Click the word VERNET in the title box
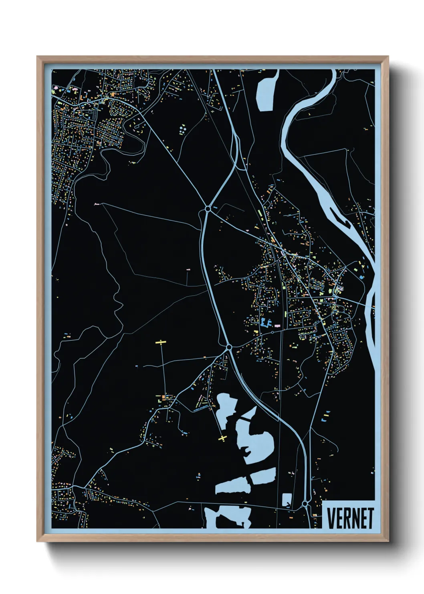coord(350,518)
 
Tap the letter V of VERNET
coord(331,518)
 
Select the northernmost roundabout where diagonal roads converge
coord(208,209)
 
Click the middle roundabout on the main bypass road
coord(229,347)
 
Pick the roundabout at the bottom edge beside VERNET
coord(305,503)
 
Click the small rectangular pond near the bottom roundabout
coord(287,500)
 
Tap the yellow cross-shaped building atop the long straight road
coord(161,342)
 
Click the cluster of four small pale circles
coord(183,129)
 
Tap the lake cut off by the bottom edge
coord(228,518)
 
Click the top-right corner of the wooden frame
coord(388,57)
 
